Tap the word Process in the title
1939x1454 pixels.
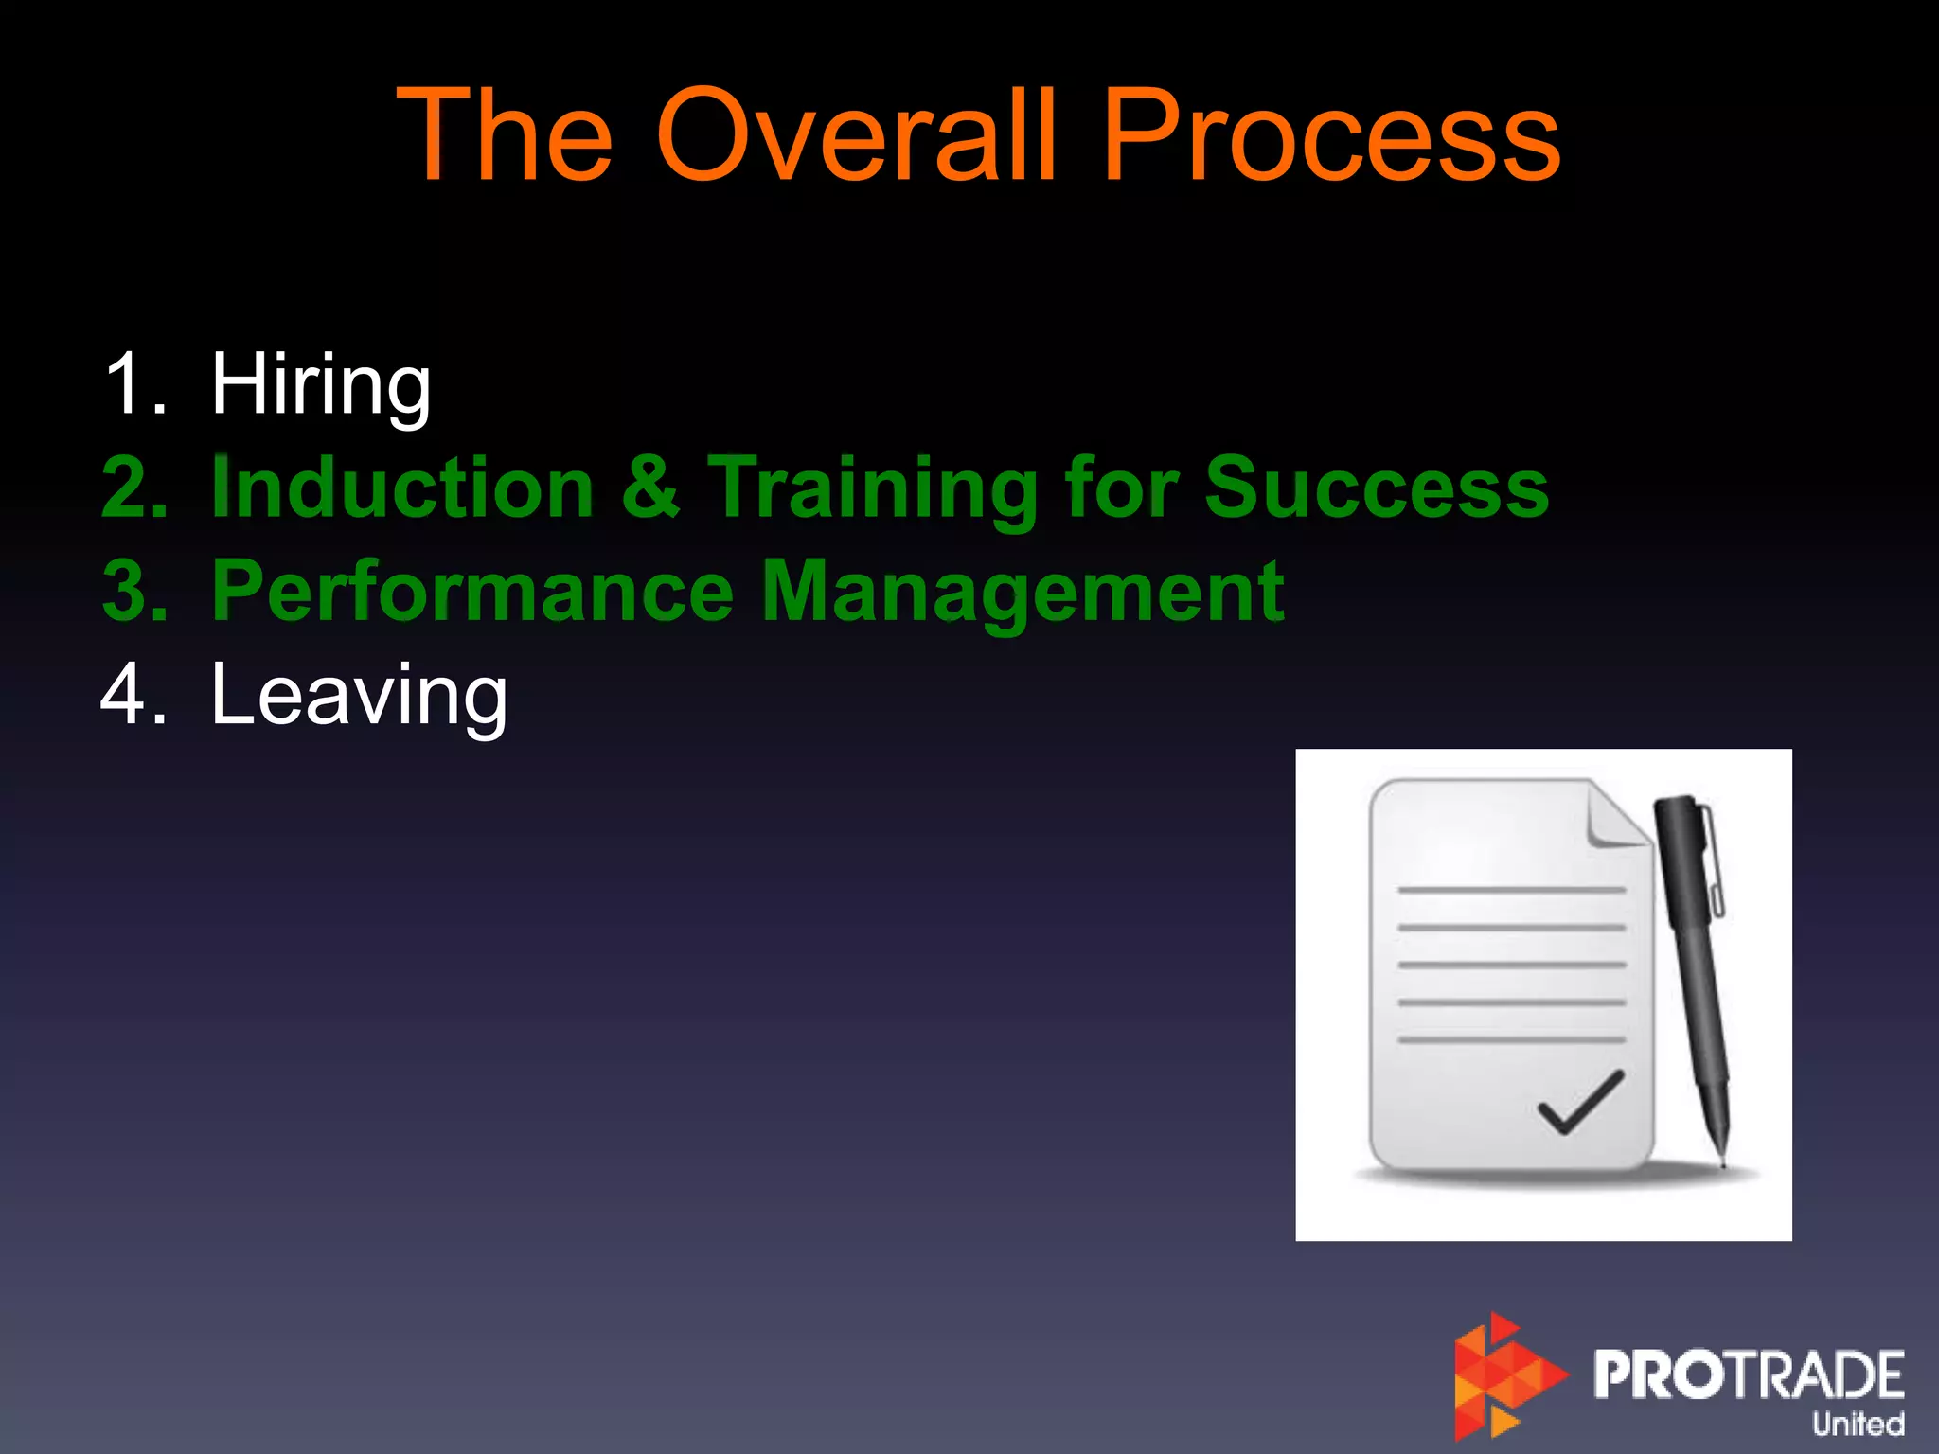tap(1330, 135)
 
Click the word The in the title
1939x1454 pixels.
tap(505, 135)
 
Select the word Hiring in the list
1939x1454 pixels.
tap(321, 385)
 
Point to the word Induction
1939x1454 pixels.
tap(402, 488)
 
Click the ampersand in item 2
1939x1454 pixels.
tap(650, 488)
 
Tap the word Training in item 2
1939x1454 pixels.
tap(872, 488)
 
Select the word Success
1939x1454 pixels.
tap(1376, 488)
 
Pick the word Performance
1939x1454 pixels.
tap(471, 592)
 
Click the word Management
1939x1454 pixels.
tap(1023, 592)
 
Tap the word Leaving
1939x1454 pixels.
tap(359, 696)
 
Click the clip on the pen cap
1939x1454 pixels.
tap(1713, 861)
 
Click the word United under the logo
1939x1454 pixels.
tap(1858, 1424)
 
